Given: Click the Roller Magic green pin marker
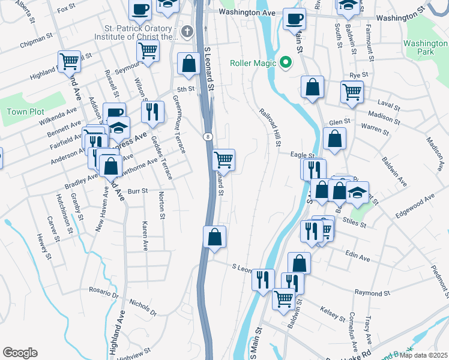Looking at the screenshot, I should [x=286, y=62].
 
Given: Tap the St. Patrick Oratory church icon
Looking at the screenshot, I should [x=187, y=31].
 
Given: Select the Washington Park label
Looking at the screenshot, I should [x=425, y=48].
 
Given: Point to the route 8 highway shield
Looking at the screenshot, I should [x=206, y=136].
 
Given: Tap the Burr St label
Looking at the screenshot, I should [x=137, y=192].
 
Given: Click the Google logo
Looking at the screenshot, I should [x=20, y=353].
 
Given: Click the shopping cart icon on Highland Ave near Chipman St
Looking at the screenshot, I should [x=70, y=60].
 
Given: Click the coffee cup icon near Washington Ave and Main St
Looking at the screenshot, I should [x=294, y=18].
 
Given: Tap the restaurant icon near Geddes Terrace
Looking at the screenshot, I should [x=152, y=110].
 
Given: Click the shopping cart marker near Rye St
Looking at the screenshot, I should [x=352, y=91].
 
